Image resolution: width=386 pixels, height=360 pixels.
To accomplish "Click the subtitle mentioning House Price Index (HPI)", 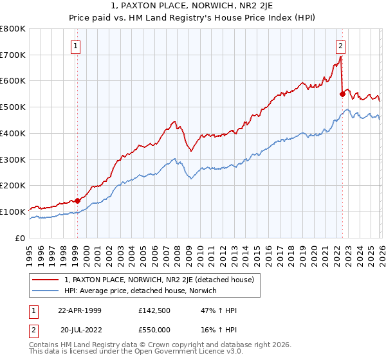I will (x=193, y=19).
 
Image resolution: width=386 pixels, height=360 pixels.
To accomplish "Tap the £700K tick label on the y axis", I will (x=13, y=55).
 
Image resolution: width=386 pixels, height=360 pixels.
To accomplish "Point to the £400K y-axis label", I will (x=13, y=134).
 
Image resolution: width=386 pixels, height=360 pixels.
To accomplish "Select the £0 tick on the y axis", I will (x=21, y=238).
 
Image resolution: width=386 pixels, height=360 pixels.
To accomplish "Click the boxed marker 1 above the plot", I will (x=76, y=46).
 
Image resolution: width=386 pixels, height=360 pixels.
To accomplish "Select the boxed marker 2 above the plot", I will (x=340, y=46).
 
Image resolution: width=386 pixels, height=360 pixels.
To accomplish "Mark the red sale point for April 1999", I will (x=77, y=201).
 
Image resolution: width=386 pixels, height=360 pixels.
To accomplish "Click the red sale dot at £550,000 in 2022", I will (x=342, y=94).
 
